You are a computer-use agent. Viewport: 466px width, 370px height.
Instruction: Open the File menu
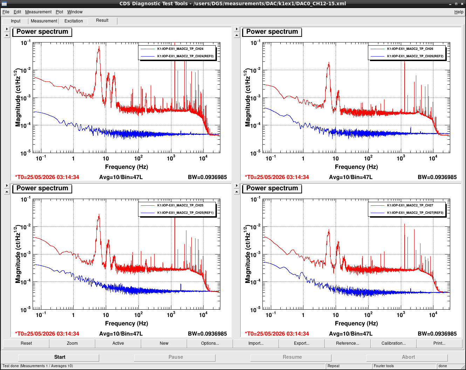pyautogui.click(x=6, y=12)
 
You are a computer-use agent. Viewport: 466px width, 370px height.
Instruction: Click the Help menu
pyautogui.click(x=459, y=12)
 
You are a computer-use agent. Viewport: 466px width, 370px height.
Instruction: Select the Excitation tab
pyautogui.click(x=74, y=21)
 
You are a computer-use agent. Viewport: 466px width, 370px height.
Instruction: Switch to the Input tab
pyautogui.click(x=15, y=21)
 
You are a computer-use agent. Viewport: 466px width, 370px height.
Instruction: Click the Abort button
pyautogui.click(x=408, y=357)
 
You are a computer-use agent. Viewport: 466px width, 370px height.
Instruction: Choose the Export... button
pyautogui.click(x=301, y=343)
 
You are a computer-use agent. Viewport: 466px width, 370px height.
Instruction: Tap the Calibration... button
pyautogui.click(x=393, y=343)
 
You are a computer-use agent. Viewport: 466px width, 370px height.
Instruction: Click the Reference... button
pyautogui.click(x=347, y=343)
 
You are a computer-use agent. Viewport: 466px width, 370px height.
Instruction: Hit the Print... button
pyautogui.click(x=439, y=343)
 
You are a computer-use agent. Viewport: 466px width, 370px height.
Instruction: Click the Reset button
pyautogui.click(x=26, y=343)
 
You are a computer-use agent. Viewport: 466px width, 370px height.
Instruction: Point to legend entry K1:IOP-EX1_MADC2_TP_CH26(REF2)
pyautogui.click(x=415, y=56)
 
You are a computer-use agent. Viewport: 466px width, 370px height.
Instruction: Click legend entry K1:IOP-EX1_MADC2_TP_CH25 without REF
pyautogui.click(x=180, y=205)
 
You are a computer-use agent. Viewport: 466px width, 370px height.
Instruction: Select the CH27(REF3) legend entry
pyautogui.click(x=415, y=213)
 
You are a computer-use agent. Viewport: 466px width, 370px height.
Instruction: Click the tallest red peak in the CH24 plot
pyautogui.click(x=174, y=44)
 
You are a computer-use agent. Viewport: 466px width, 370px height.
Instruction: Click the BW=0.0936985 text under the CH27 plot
pyautogui.click(x=437, y=334)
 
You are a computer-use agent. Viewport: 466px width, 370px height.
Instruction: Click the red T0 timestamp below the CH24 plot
pyautogui.click(x=47, y=177)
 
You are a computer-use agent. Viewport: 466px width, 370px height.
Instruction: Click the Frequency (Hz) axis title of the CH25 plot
pyautogui.click(x=126, y=324)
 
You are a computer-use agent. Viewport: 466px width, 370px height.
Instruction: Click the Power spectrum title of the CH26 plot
pyautogui.click(x=272, y=32)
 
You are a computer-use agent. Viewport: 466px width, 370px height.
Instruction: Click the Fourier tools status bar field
pyautogui.click(x=384, y=366)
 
